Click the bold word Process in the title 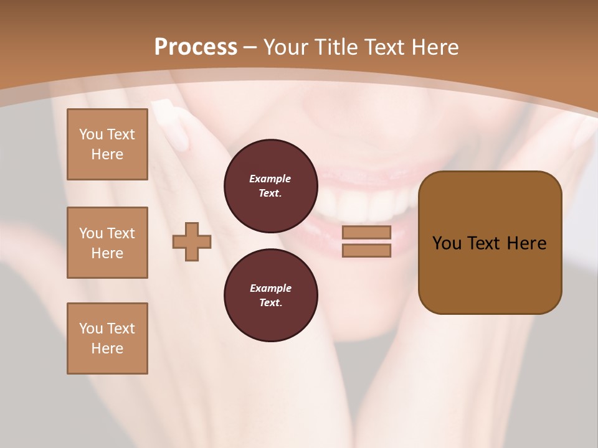pos(196,47)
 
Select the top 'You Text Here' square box pos(107,144)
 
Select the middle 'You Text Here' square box pos(107,243)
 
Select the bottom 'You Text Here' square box pos(107,338)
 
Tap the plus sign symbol pos(192,241)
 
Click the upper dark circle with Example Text pos(270,186)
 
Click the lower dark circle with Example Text pos(270,295)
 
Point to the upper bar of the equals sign pos(366,232)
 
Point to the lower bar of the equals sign pos(366,250)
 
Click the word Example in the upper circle pos(270,179)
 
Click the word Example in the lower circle pos(270,288)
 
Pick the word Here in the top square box pos(107,154)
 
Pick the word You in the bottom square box pos(90,329)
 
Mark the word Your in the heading pos(287,47)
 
